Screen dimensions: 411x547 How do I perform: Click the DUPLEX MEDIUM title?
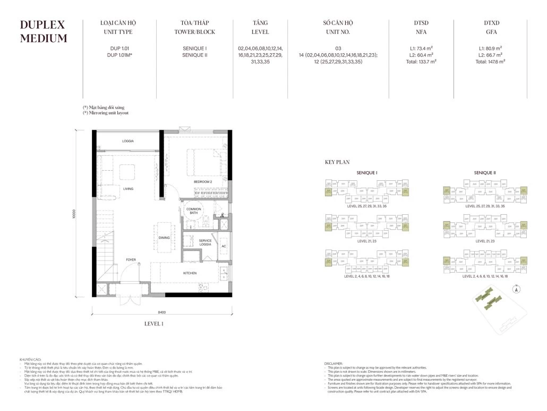[43, 31]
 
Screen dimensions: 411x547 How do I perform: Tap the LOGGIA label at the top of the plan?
[127, 141]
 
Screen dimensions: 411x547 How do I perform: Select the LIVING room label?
[127, 189]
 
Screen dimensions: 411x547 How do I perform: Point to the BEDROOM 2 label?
[203, 182]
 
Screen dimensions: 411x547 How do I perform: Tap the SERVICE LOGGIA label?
[206, 243]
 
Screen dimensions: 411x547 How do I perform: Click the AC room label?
[224, 246]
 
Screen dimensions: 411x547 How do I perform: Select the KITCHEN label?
[190, 273]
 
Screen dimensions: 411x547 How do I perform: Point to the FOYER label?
[131, 259]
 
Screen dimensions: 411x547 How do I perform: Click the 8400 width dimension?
[162, 312]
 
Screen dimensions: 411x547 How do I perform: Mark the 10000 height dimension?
[76, 213]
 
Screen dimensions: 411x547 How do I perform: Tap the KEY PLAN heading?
[337, 162]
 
